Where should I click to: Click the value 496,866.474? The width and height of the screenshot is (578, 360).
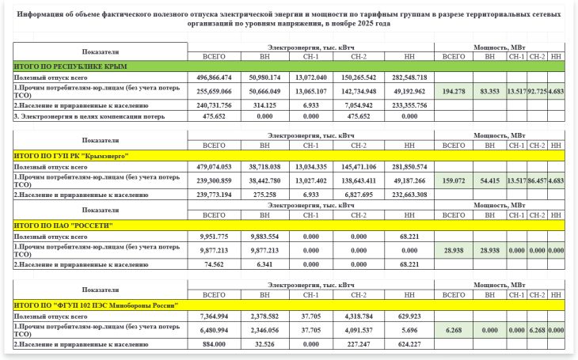215,78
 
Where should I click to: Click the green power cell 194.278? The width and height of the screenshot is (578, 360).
454,92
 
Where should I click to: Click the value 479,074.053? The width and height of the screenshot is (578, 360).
215,168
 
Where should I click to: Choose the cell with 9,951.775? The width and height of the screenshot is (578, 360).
215,237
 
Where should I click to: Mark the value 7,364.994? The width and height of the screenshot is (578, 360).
215,316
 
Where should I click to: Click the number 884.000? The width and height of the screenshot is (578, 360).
215,344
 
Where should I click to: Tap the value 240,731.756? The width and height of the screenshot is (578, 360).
215,104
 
